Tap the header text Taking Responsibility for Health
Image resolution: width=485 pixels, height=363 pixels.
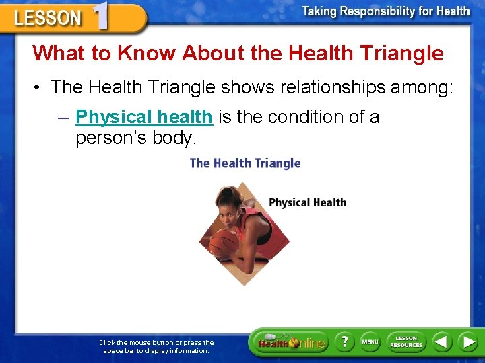point(385,11)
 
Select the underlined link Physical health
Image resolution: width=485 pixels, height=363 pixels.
point(143,117)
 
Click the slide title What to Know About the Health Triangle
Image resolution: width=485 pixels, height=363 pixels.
point(238,53)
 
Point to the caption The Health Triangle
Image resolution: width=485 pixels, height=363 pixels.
point(245,163)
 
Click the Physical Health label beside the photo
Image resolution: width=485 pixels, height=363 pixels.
point(307,202)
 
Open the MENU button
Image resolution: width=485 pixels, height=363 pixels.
point(369,342)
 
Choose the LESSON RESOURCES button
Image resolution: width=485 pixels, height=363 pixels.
point(406,342)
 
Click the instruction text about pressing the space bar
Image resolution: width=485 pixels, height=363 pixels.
point(156,346)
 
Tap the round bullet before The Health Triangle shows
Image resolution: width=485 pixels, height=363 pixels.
point(38,88)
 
